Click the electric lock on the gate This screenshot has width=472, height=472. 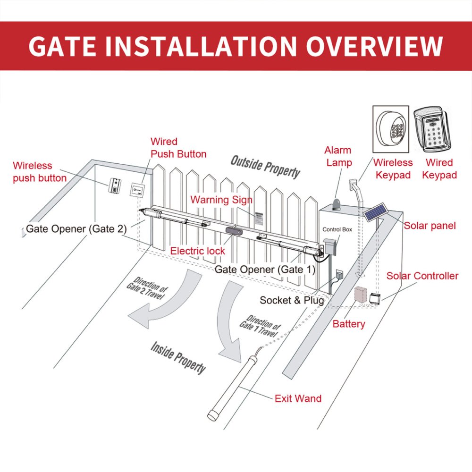(233, 230)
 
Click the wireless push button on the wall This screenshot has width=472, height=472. (116, 185)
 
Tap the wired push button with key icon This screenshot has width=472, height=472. (136, 189)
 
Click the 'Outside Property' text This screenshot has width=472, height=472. (265, 167)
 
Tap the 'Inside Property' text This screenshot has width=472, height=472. (178, 358)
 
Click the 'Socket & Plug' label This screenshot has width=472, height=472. (292, 300)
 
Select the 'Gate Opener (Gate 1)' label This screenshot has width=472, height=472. (264, 270)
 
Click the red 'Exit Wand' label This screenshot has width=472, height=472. (298, 398)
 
